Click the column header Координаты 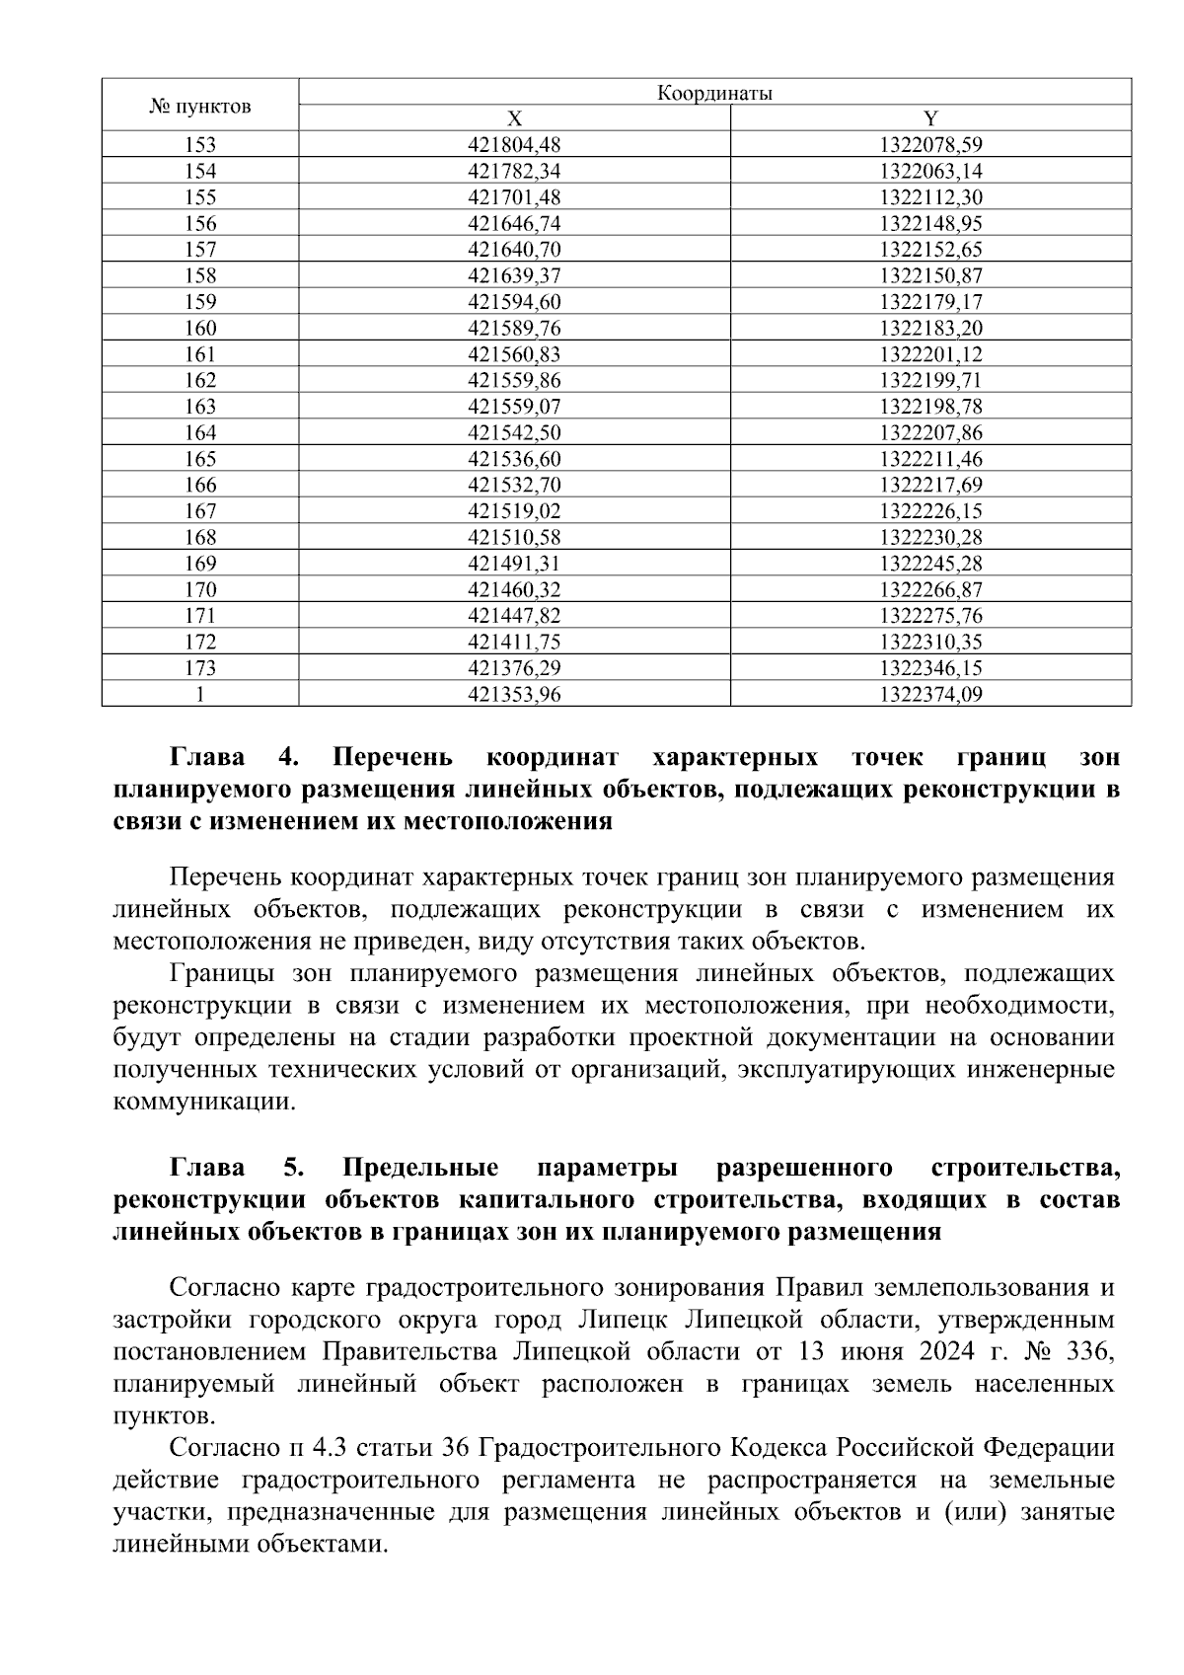(x=713, y=94)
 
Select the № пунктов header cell (x=200, y=106)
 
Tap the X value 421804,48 (x=514, y=145)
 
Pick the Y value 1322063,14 (x=930, y=171)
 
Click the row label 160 (x=200, y=328)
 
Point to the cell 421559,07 (x=514, y=407)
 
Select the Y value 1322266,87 (x=930, y=589)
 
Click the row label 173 (x=200, y=668)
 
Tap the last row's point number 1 (x=200, y=694)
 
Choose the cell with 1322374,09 (x=930, y=694)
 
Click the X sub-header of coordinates (x=514, y=119)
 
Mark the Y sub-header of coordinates (x=930, y=119)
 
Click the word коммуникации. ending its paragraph (x=204, y=1102)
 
